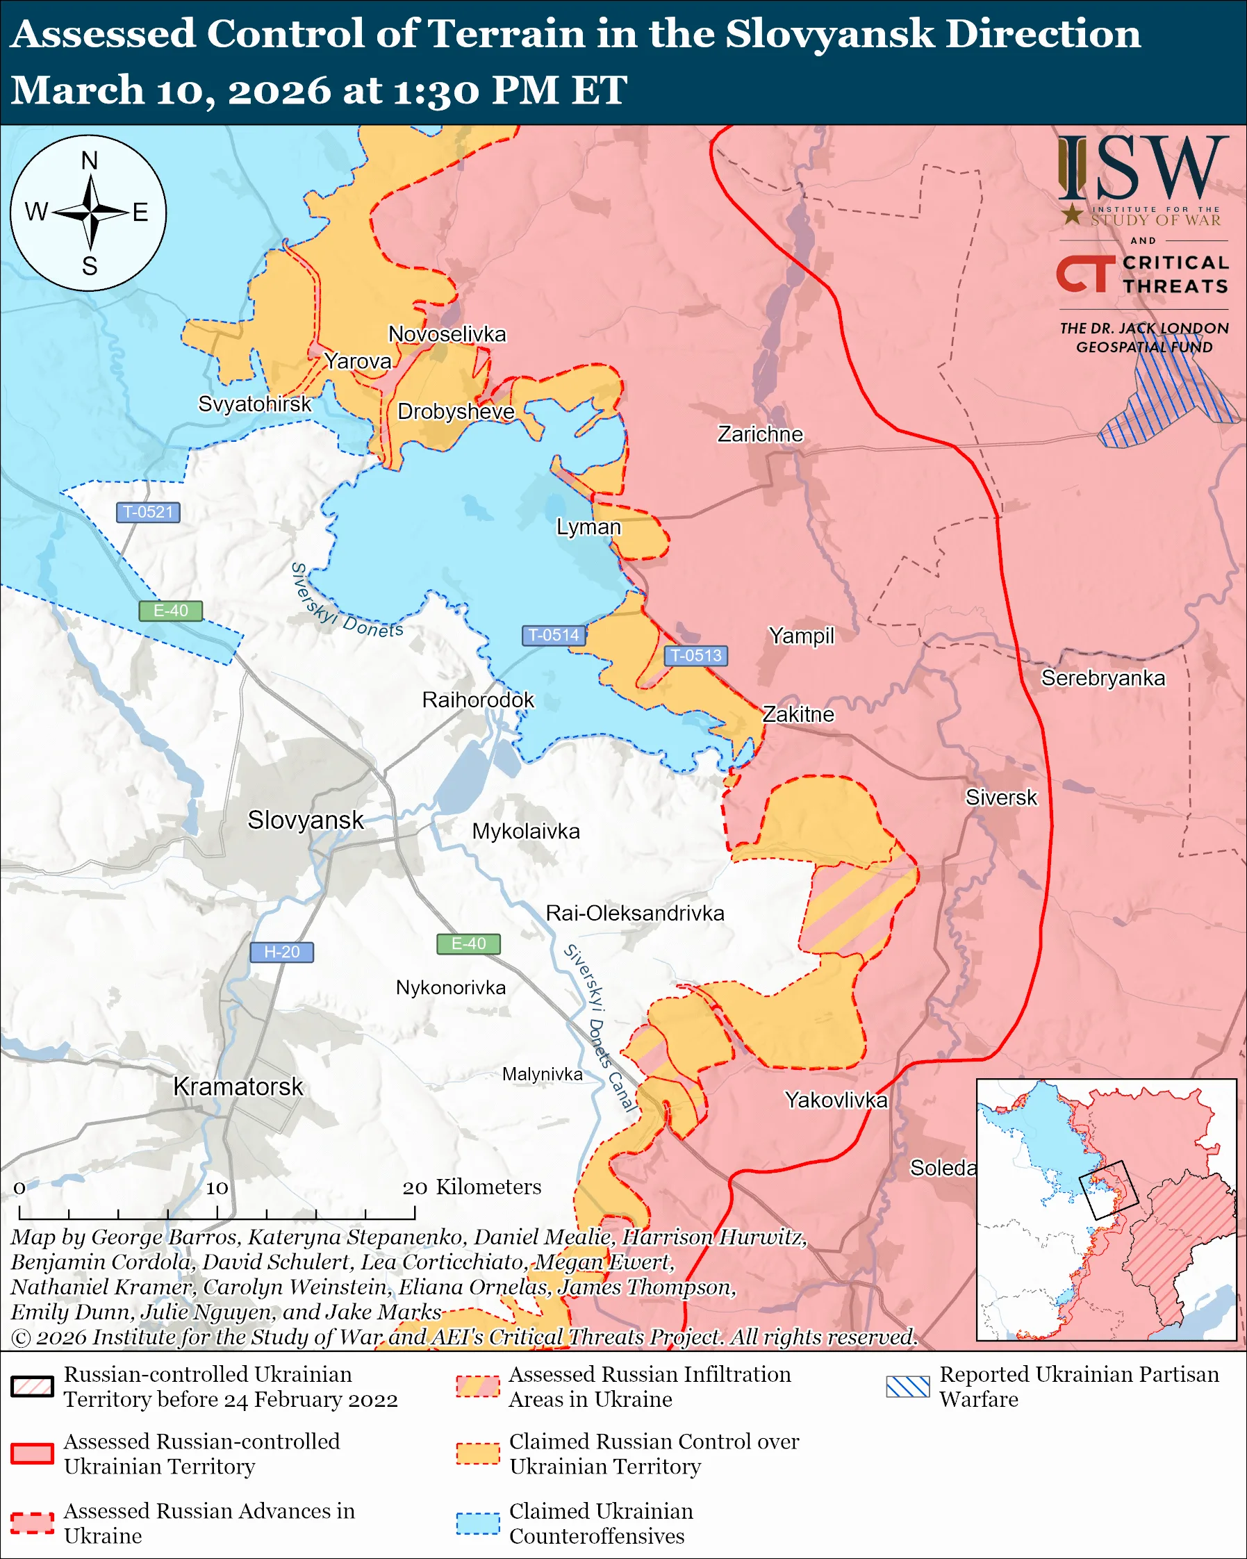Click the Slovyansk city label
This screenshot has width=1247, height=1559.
[x=305, y=820]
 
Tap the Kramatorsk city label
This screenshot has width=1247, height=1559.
[x=238, y=1087]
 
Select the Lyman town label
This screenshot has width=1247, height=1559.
[x=588, y=527]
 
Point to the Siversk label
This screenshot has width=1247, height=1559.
[x=1000, y=798]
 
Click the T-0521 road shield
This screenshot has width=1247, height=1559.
[x=147, y=512]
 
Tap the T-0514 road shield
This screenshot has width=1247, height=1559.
[x=553, y=635]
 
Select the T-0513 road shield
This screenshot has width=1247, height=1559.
[x=695, y=655]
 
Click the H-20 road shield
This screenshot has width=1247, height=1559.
[x=281, y=952]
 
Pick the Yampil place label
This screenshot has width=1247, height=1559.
[x=801, y=636]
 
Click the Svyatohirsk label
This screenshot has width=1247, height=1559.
[x=254, y=404]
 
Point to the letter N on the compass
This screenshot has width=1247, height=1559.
[x=90, y=160]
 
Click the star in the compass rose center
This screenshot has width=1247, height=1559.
[x=90, y=213]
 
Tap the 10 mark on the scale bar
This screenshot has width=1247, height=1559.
[x=217, y=1188]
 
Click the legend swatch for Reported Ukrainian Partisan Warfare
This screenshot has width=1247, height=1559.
[x=907, y=1386]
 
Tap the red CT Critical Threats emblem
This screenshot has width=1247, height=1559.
[x=1085, y=273]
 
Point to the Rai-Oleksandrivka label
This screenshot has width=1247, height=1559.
[x=635, y=914]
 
